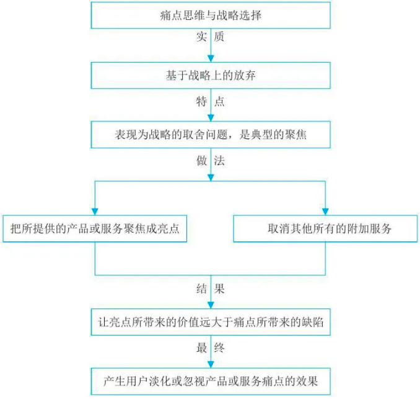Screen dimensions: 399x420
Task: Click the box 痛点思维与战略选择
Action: coord(211,16)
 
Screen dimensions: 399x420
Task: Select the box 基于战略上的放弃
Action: coord(211,76)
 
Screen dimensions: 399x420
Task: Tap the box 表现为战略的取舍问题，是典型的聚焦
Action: coord(211,135)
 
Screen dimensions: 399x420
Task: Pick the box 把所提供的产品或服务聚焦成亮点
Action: coord(95,228)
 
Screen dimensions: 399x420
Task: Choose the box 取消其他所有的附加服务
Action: coord(325,228)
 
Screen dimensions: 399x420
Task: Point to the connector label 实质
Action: coord(210,37)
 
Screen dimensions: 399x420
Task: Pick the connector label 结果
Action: coord(210,289)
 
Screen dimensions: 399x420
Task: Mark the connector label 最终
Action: coord(210,348)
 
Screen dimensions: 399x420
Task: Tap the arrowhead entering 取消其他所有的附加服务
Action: coord(325,211)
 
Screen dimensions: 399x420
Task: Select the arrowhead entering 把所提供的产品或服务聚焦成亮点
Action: coord(95,211)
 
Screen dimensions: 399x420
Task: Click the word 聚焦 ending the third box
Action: coord(294,135)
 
